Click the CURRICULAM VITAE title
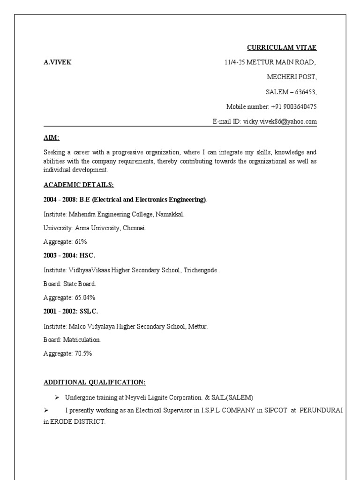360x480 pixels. tap(282, 47)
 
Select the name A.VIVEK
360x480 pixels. tap(58, 62)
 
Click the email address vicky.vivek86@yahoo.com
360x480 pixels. tap(280, 121)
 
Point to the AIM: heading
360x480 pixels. tap(52, 137)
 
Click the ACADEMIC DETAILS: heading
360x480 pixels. tap(75, 185)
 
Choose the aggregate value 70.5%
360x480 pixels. tap(83, 353)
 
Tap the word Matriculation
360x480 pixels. tap(82, 339)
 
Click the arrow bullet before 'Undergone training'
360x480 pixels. tap(56, 397)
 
